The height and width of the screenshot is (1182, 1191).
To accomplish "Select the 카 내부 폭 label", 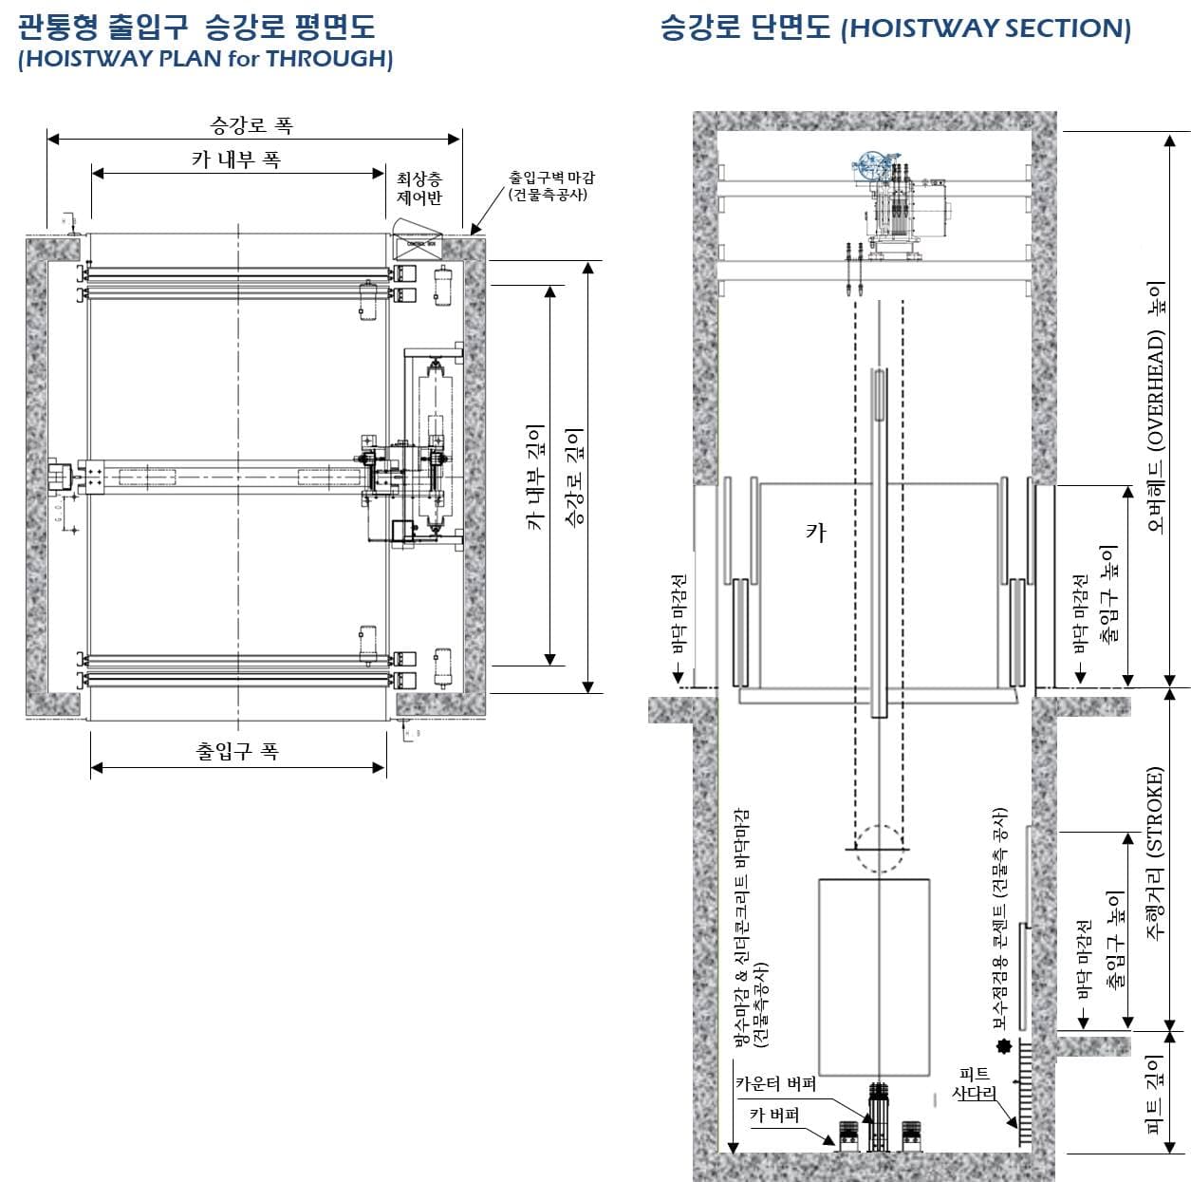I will point(236,159).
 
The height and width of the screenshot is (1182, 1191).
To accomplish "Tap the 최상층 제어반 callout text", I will point(419,188).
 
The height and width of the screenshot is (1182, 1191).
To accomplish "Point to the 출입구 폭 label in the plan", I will point(237,751).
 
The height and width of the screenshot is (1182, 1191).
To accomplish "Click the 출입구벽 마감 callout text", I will point(551,185).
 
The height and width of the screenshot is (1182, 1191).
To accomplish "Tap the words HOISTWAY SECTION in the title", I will point(986,28).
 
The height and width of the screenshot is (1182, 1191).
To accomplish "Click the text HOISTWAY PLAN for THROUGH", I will point(205,59).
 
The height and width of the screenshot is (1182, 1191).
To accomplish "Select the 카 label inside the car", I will point(815,533).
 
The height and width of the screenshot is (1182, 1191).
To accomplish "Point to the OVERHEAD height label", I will point(1155,405).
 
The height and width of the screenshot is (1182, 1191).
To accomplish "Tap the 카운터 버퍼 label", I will point(775,1083).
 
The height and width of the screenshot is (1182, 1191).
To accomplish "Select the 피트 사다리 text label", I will point(974,1084).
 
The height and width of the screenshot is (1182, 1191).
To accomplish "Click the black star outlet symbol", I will point(1000,1047).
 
